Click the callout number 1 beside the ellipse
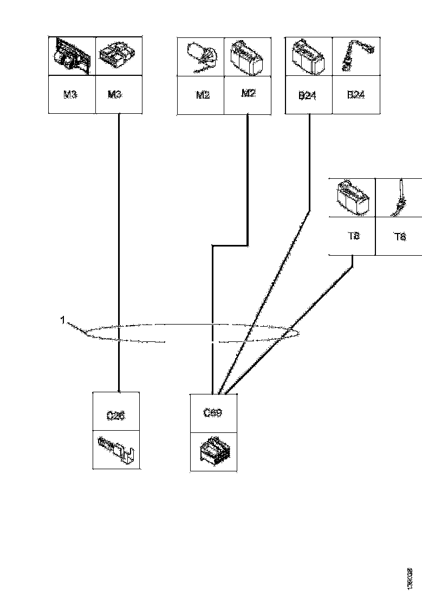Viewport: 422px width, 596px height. coord(63,320)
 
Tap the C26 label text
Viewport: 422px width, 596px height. coord(116,416)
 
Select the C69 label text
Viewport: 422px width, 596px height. coord(213,412)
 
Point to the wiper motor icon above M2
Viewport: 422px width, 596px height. coord(200,57)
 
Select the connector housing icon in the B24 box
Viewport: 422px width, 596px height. coord(308,56)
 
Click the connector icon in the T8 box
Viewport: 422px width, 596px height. coord(352,197)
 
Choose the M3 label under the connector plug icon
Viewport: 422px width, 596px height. coord(115,94)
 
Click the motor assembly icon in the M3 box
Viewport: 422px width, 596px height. coord(72,56)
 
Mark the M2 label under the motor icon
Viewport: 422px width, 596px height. coord(203,95)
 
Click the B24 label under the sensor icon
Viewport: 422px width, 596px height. coord(355,95)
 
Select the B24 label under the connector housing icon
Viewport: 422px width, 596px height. coord(308,96)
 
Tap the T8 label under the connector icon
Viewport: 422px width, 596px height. coord(352,236)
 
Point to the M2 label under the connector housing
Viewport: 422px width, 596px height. coord(248,93)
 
